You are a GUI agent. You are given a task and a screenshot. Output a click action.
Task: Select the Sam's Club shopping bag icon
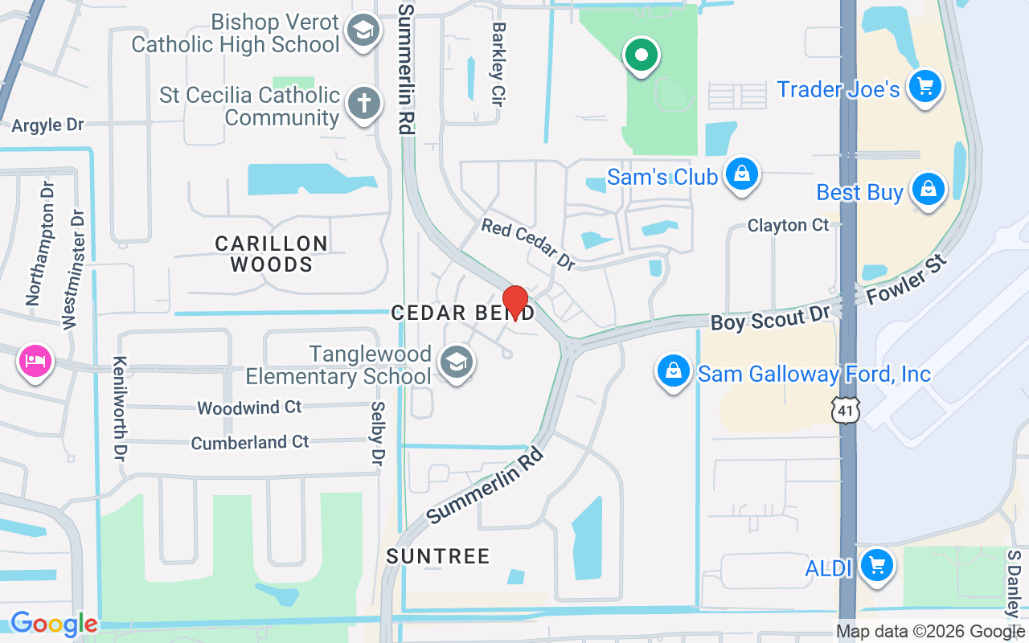(x=741, y=174)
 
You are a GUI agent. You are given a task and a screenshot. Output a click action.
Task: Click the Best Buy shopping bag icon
(x=929, y=190)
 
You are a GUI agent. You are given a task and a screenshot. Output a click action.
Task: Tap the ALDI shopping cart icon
(x=876, y=566)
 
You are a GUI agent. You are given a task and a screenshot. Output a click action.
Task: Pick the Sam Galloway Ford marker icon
(x=674, y=371)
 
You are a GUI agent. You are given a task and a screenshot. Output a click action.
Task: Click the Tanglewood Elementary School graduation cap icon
(x=457, y=363)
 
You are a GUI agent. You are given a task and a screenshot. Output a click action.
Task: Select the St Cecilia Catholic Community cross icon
(x=363, y=104)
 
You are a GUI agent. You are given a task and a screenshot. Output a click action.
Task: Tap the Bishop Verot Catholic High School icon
(x=362, y=31)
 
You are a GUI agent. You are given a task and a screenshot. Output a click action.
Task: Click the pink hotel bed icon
(x=35, y=359)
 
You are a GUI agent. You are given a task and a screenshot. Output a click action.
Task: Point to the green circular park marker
(x=641, y=56)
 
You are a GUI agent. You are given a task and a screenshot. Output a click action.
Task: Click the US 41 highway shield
(x=847, y=410)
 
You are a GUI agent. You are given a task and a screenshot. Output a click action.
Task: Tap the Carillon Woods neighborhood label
(x=272, y=253)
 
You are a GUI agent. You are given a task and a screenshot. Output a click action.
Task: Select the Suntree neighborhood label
(x=438, y=556)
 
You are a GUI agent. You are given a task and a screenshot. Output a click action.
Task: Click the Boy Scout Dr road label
(x=769, y=319)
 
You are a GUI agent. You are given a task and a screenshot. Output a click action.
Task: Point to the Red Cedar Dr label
(x=528, y=244)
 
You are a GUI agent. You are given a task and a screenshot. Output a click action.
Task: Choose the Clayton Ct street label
(x=788, y=225)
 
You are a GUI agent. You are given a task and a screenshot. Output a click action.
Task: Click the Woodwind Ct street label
(x=249, y=408)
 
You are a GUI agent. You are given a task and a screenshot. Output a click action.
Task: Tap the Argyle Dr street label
(x=47, y=125)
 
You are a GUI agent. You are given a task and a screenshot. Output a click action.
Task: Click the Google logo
(x=54, y=623)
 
